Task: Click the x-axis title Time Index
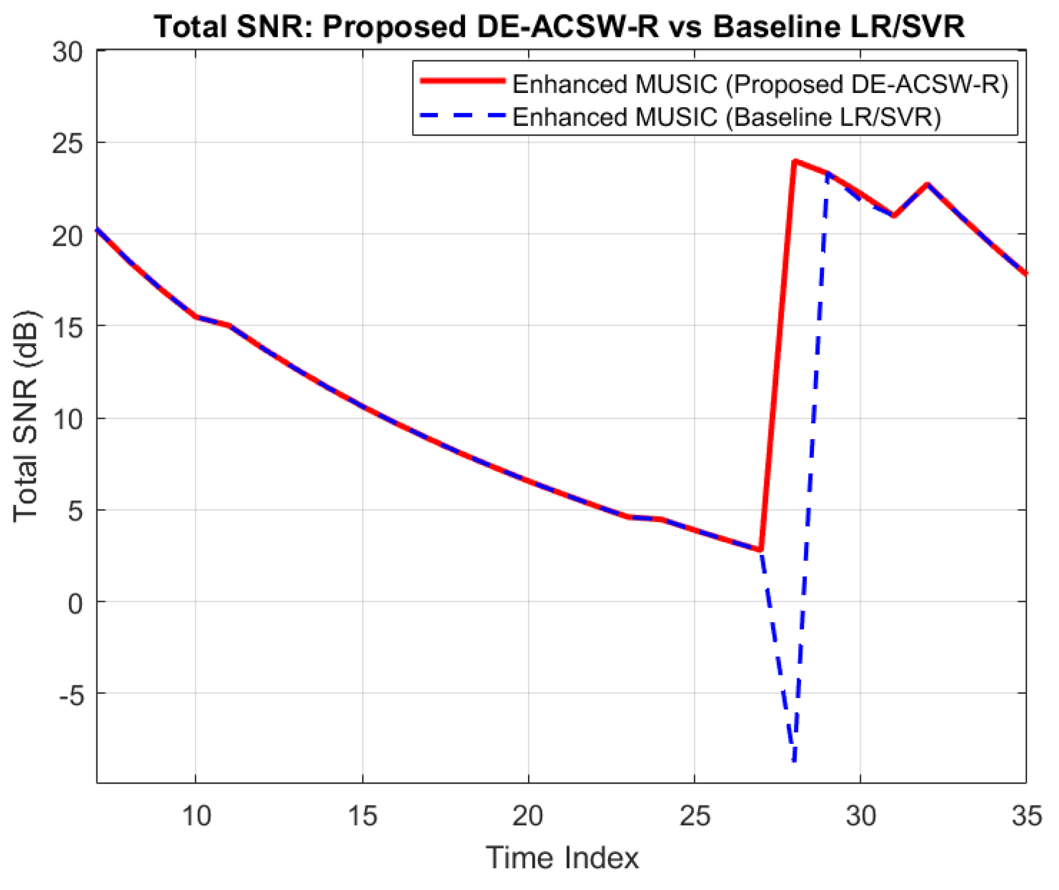click(562, 858)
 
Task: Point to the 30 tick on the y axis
click(67, 51)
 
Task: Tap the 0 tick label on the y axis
click(75, 602)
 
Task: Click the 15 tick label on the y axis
click(67, 327)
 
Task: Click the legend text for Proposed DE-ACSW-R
click(760, 84)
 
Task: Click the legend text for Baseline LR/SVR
click(727, 117)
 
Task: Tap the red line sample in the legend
click(463, 81)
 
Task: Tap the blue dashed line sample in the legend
click(463, 115)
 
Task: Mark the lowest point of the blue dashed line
click(794, 761)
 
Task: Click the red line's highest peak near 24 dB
click(794, 161)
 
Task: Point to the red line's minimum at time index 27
click(760, 550)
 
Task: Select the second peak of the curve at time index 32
click(927, 185)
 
